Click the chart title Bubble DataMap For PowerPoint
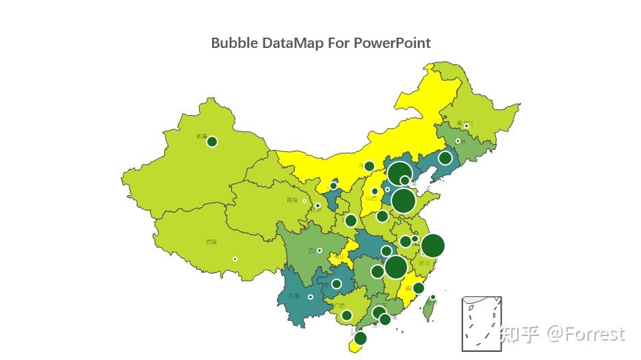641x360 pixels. coord(321,42)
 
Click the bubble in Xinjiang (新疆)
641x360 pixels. coord(212,142)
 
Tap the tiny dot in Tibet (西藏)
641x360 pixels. coord(235,259)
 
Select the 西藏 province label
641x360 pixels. coord(211,242)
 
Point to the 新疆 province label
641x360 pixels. coord(201,136)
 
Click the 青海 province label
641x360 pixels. coord(292,201)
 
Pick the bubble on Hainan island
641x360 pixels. coord(361,338)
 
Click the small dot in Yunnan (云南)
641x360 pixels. coord(311,297)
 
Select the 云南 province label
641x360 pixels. coord(293,296)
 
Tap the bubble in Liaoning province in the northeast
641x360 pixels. coord(445,158)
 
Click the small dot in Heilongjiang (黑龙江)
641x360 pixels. coord(467,126)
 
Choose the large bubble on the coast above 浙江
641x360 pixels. coord(432,246)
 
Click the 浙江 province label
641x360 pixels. coord(425,263)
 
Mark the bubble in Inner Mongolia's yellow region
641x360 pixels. coord(369,166)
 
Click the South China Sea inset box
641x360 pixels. coord(482,323)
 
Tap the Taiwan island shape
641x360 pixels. coord(429,310)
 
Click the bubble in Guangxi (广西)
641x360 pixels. coord(347,316)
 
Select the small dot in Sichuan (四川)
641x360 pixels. coord(319,250)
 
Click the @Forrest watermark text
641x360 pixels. coord(585,334)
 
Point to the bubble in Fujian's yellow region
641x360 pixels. coord(419,288)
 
